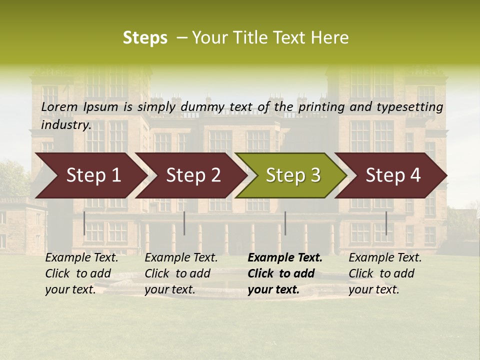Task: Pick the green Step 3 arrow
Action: coord(293,175)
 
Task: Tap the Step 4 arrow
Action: coord(393,175)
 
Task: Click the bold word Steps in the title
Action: coord(145,38)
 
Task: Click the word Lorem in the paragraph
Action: coord(59,107)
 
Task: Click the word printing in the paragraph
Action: coord(321,107)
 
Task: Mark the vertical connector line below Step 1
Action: coord(84,223)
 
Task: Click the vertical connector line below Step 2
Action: coord(184,223)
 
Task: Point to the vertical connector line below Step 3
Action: coord(285,223)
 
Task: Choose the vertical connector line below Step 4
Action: coord(386,223)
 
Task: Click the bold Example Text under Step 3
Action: coord(285,258)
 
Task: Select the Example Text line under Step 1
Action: coord(81,258)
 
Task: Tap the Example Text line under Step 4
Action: coord(385,258)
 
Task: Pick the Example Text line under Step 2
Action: coord(181,258)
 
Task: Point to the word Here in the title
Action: coord(330,38)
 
